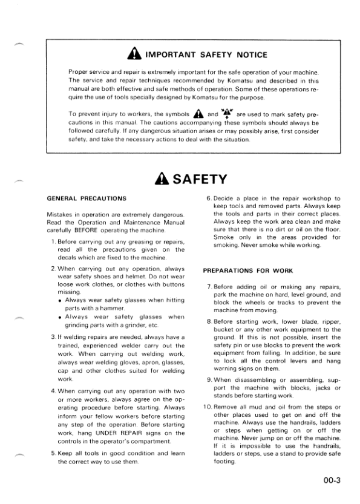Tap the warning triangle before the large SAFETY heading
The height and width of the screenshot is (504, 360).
(163, 179)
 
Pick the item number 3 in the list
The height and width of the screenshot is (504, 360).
(53, 336)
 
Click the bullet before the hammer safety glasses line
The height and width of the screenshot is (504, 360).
(61, 300)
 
